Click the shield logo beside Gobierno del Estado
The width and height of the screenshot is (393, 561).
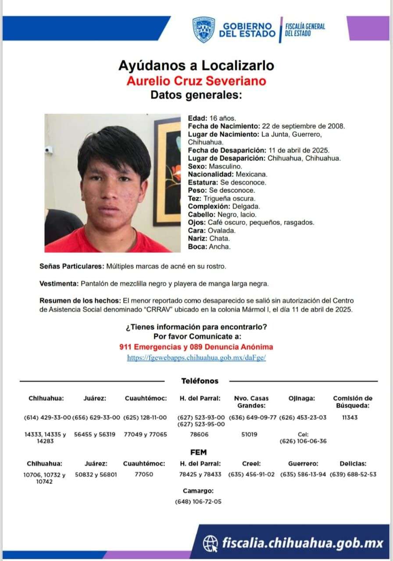[204, 29]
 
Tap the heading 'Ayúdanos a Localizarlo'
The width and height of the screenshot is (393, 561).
[196, 66]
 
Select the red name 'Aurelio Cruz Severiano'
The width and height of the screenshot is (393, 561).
[196, 81]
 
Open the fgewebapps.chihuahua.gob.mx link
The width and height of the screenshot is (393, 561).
[196, 358]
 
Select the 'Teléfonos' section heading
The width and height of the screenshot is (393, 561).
[200, 381]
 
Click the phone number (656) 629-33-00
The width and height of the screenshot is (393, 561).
[96, 417]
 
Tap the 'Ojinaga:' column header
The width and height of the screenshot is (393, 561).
[302, 398]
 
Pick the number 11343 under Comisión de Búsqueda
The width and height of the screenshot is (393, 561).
[350, 417]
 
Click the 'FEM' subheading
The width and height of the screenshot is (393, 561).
[198, 452]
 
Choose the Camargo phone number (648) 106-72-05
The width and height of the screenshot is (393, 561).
[198, 501]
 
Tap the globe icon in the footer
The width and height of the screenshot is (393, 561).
[211, 544]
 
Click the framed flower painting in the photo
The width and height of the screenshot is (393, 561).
[168, 171]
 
